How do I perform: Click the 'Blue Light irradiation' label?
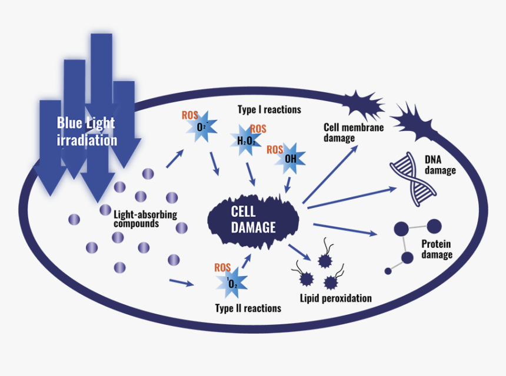pyautogui.click(x=86, y=132)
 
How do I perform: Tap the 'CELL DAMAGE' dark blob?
pyautogui.click(x=253, y=219)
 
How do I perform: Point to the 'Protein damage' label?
pyautogui.click(x=437, y=249)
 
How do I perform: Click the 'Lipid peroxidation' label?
pyautogui.click(x=335, y=298)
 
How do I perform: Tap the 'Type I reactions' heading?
pyautogui.click(x=269, y=109)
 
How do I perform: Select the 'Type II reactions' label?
pyautogui.click(x=248, y=308)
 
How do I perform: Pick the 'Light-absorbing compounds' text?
pyautogui.click(x=145, y=219)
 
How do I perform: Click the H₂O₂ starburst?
pyautogui.click(x=244, y=140)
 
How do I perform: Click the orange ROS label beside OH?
pyautogui.click(x=275, y=150)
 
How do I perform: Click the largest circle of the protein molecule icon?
pyautogui.click(x=434, y=225)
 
